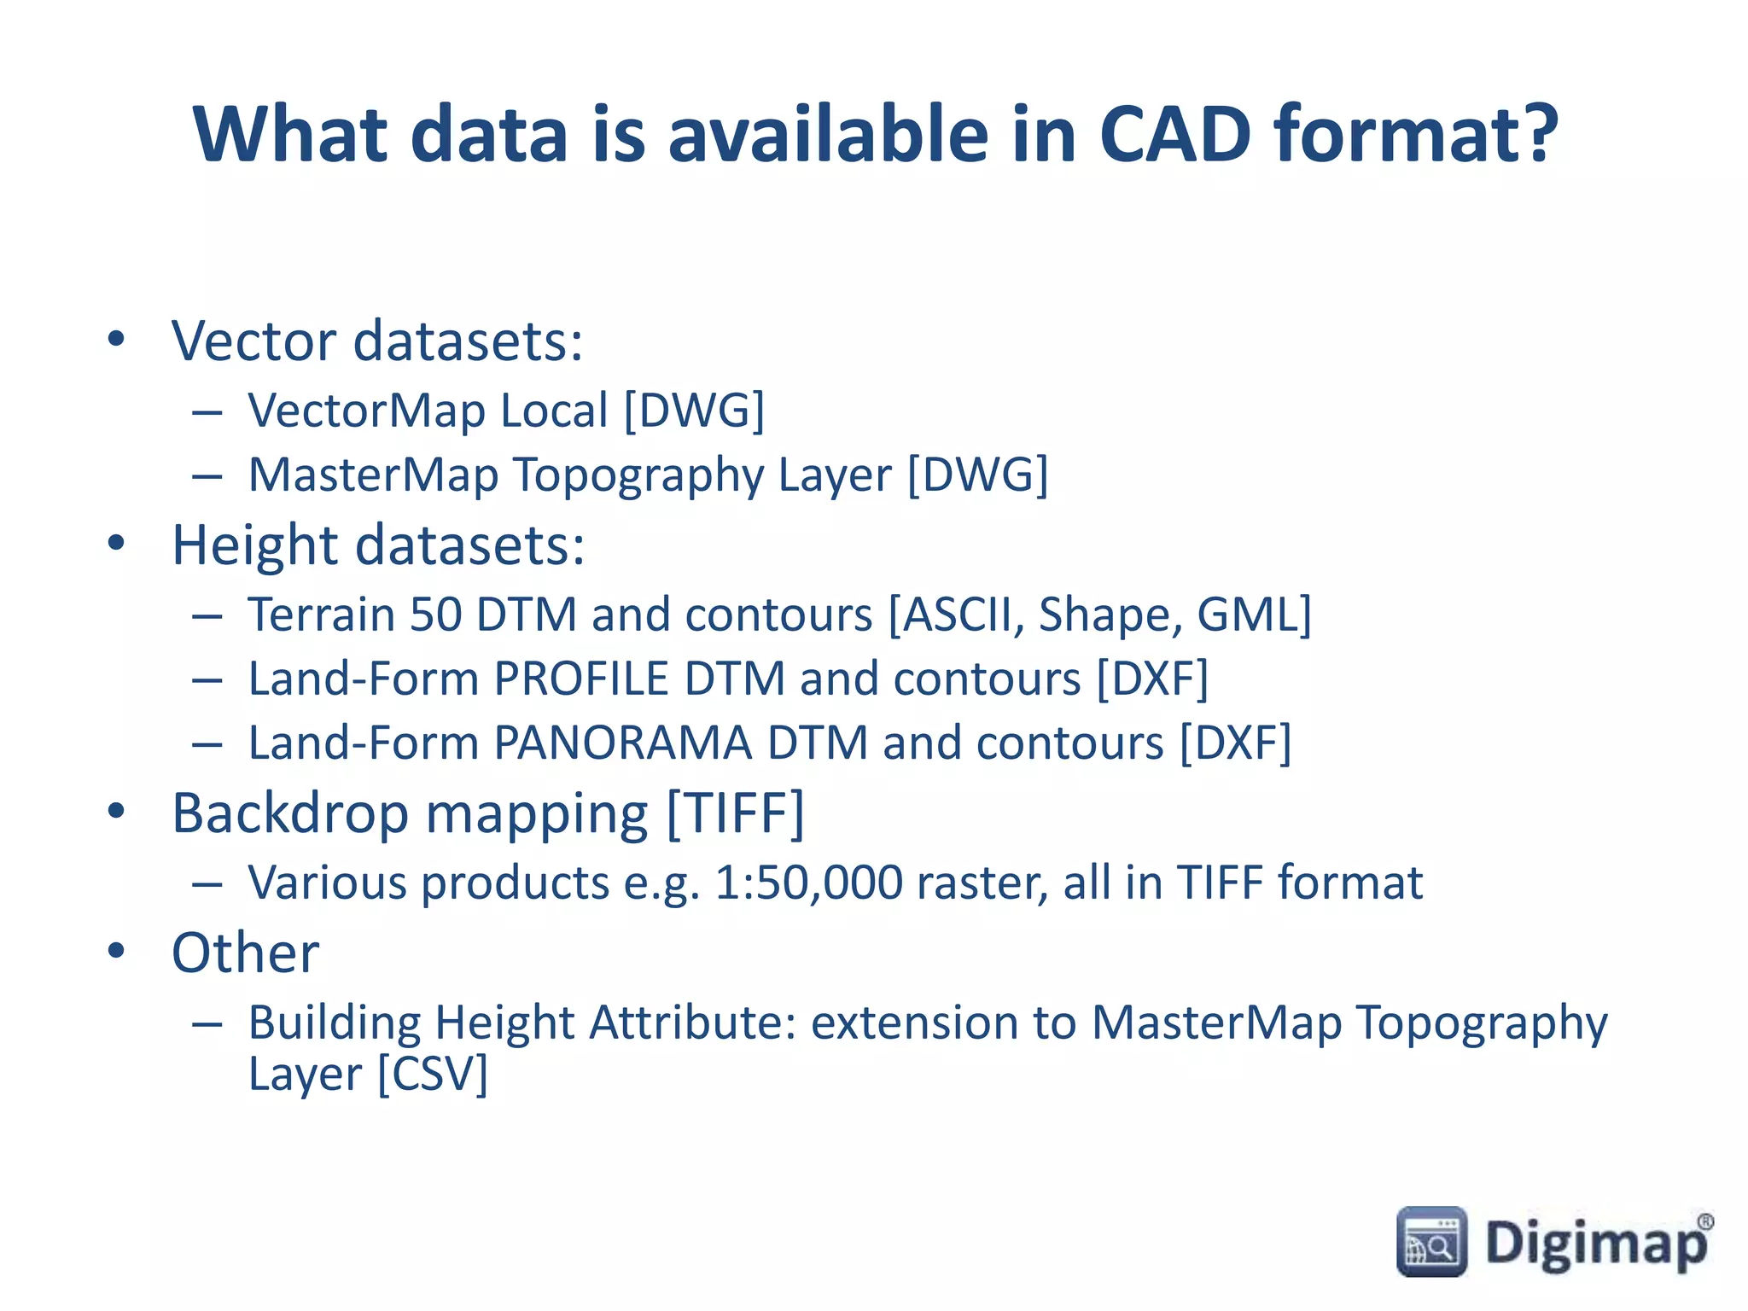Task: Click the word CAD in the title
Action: click(x=1174, y=134)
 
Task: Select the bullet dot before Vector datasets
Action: click(x=116, y=339)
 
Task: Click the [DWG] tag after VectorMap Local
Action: click(x=693, y=411)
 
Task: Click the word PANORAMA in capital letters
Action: click(x=622, y=743)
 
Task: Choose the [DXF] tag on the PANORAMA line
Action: click(x=1235, y=743)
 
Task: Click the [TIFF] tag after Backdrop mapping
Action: click(x=735, y=813)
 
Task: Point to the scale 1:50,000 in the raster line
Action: click(x=808, y=883)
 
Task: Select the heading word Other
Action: click(x=246, y=953)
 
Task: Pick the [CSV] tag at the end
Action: click(x=433, y=1074)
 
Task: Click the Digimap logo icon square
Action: click(x=1431, y=1242)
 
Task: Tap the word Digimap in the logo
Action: click(x=1596, y=1244)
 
